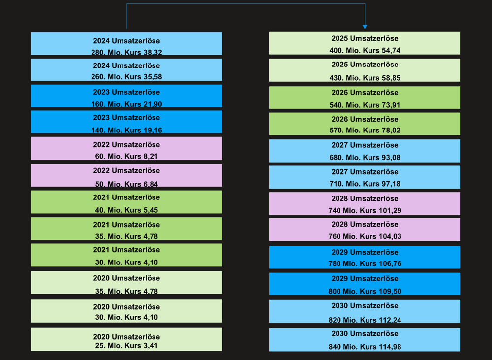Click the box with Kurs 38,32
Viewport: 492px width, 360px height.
click(x=126, y=43)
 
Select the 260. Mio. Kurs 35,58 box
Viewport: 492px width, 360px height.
click(x=126, y=70)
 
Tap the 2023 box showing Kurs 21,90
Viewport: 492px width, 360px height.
click(x=126, y=96)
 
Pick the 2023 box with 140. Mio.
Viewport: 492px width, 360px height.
click(x=126, y=122)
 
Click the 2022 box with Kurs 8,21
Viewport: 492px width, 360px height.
click(x=126, y=149)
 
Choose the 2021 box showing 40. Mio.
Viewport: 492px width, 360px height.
click(x=126, y=202)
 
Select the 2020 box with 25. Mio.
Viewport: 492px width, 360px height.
click(x=126, y=339)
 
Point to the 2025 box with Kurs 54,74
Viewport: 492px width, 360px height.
click(x=365, y=43)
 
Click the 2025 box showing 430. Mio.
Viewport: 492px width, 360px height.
click(x=365, y=70)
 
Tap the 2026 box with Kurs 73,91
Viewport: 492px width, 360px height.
click(x=365, y=98)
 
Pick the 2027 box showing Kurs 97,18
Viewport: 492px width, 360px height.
click(x=365, y=177)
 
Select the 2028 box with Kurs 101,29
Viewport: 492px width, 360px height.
click(x=365, y=203)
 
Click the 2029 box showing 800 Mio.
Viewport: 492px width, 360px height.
click(x=365, y=284)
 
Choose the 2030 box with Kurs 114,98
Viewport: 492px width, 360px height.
click(x=365, y=340)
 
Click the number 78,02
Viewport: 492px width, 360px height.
click(x=389, y=131)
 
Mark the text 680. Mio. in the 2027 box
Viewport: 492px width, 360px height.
click(x=344, y=158)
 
